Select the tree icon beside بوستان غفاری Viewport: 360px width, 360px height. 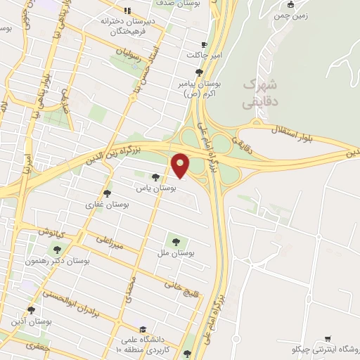pyautogui.click(x=107, y=193)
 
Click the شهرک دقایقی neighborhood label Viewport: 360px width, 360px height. pyautogui.click(x=259, y=93)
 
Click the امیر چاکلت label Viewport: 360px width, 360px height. pyautogui.click(x=204, y=54)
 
